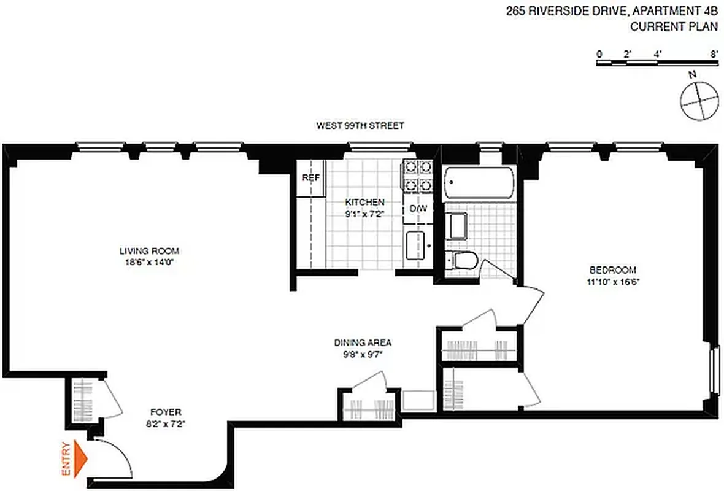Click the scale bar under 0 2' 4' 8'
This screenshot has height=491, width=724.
coord(657,63)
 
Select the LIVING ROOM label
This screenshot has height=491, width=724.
coord(149,251)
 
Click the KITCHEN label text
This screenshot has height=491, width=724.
coord(364,202)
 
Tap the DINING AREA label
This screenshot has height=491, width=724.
coord(363,342)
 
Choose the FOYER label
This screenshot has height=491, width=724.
coord(166,412)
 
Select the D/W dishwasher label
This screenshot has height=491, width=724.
coord(418,209)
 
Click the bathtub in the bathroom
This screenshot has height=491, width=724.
coord(479,182)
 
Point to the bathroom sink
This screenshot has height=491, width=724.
coord(456,225)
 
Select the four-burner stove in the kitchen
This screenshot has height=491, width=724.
coord(417,176)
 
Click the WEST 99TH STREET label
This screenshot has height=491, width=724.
coord(360,126)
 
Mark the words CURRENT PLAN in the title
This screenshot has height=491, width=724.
coord(674,26)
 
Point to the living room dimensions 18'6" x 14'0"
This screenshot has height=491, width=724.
coord(149,262)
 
